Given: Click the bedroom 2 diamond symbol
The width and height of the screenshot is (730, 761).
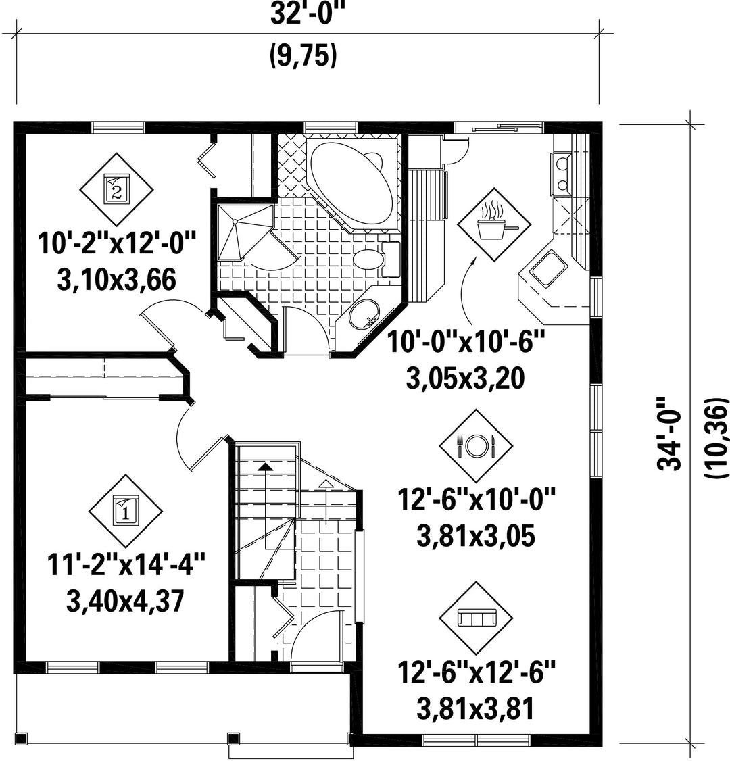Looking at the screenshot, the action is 116,189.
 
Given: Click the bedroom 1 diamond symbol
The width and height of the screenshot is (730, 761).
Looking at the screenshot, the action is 126,511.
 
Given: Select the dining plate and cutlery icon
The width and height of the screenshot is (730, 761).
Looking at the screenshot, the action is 476,445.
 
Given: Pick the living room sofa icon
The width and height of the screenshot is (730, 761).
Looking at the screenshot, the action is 476,618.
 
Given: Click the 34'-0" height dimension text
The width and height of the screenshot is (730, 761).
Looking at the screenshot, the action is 671,434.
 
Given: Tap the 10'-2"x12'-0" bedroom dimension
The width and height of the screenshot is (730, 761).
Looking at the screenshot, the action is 116,243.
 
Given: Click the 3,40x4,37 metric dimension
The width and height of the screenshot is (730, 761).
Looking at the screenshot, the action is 125,601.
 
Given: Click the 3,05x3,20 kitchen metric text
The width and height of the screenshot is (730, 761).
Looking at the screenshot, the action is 465,378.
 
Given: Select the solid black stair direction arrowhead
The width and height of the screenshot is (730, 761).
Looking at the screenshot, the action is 265,466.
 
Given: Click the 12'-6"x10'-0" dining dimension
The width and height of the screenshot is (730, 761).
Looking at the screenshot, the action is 476,499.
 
